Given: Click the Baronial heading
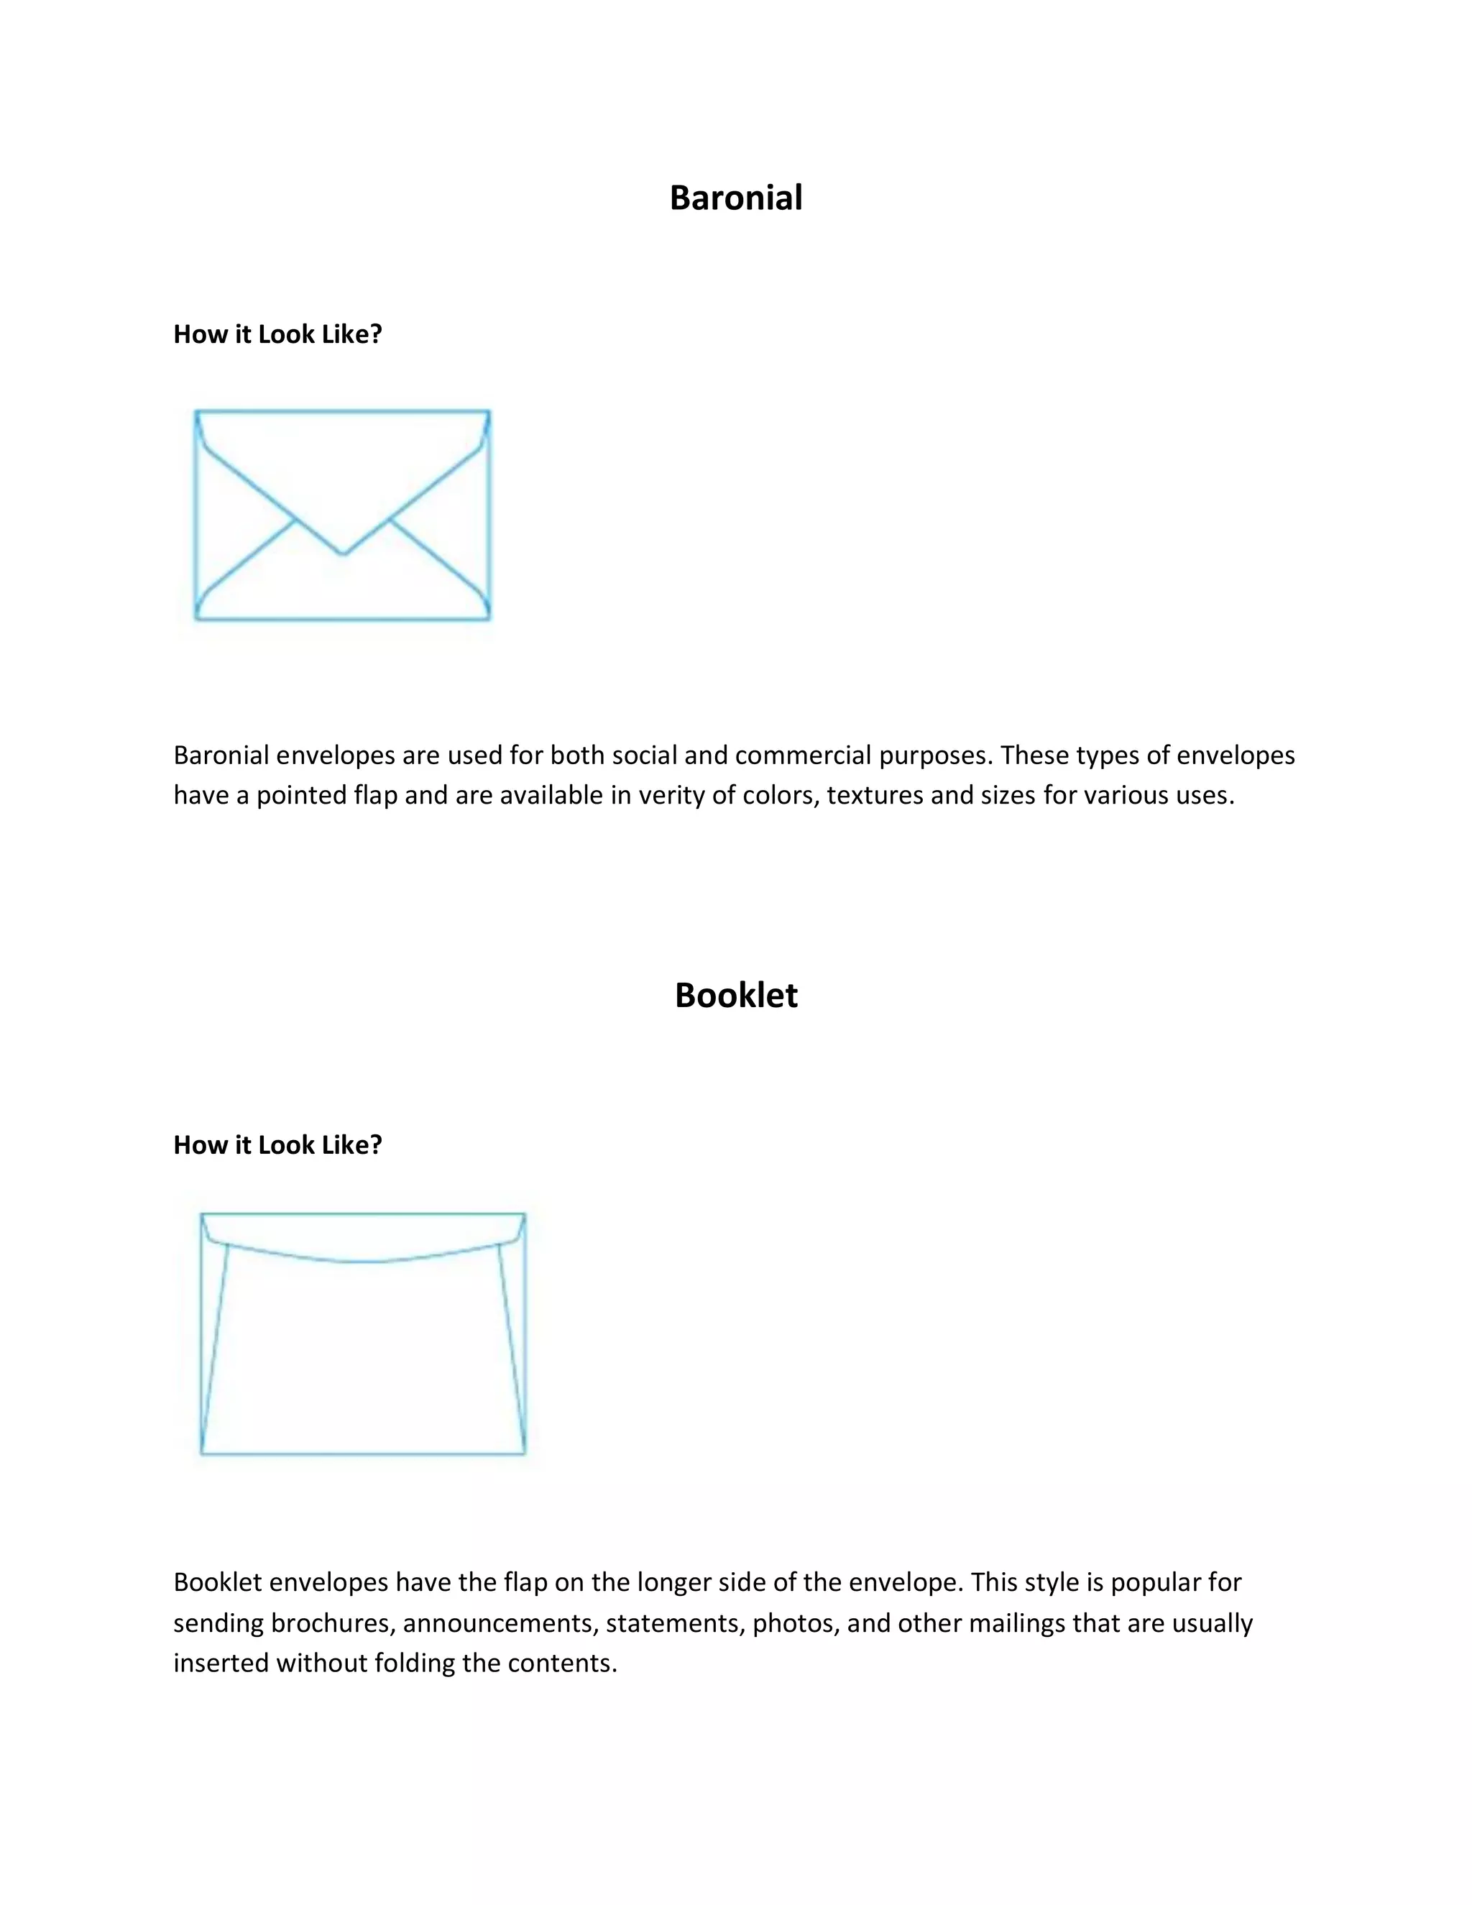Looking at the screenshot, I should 735,198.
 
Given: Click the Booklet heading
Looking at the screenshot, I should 735,995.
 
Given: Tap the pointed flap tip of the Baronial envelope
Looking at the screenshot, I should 343,553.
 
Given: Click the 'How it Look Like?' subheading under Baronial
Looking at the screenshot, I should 277,334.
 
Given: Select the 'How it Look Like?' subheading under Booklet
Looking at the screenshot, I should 277,1145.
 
